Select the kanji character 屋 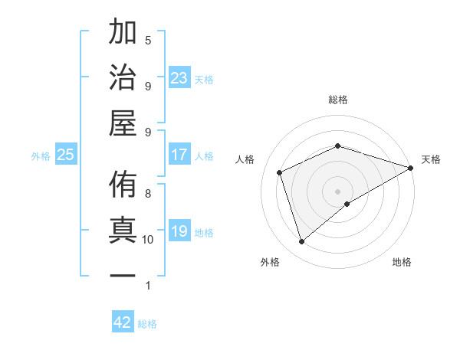123,123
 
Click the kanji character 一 123,276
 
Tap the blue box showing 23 179,77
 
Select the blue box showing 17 179,155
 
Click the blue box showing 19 179,231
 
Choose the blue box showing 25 66,155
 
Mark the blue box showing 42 123,322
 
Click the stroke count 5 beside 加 148,40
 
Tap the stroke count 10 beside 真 148,240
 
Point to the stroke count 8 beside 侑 148,193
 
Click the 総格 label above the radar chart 338,100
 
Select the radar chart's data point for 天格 411,169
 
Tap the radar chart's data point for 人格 281,172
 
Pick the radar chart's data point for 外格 301,242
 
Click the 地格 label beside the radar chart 402,263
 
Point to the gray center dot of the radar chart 338,191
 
